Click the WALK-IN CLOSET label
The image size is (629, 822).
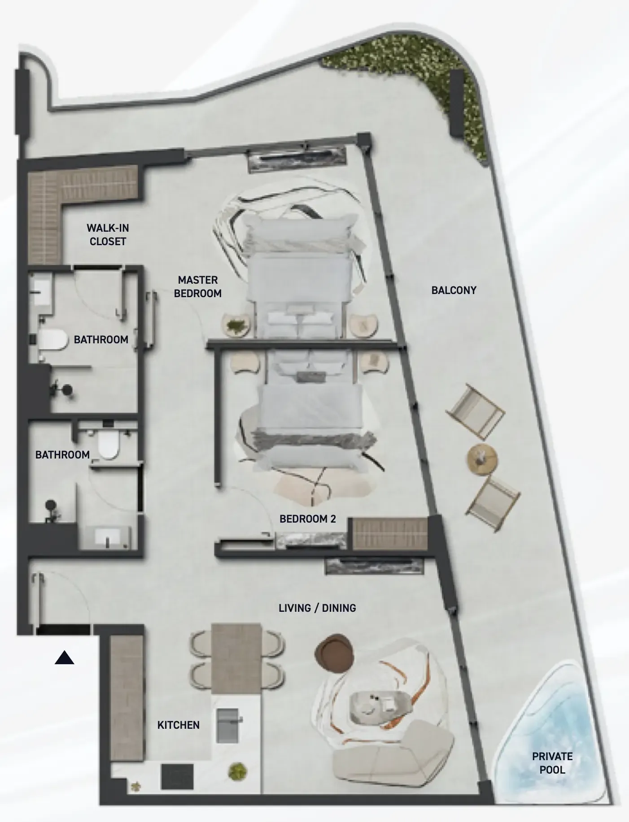108,234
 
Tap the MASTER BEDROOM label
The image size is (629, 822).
197,286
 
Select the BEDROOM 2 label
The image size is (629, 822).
307,519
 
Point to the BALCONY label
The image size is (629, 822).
454,290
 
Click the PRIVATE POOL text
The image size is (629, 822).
552,763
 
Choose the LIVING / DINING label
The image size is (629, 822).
317,608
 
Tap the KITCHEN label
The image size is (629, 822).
178,725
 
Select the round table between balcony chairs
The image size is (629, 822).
482,459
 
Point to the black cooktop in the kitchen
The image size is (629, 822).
177,777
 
